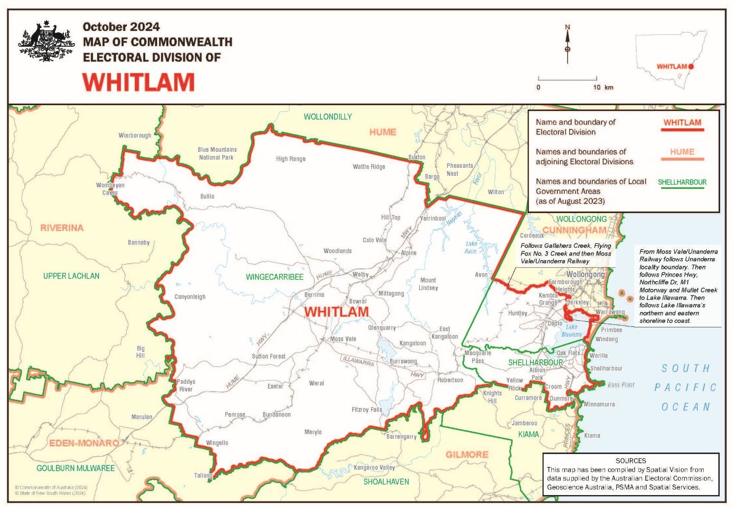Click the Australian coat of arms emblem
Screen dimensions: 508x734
[x=47, y=42]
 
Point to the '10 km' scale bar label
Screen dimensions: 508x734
[x=603, y=87]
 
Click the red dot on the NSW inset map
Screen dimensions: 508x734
[x=691, y=67]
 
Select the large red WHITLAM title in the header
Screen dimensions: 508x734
[x=139, y=82]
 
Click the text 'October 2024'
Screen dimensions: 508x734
[x=121, y=27]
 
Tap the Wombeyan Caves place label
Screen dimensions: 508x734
[x=110, y=189]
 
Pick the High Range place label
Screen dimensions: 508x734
[x=291, y=159]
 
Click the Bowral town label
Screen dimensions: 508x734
[x=358, y=301]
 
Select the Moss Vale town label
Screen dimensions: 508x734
[x=343, y=339]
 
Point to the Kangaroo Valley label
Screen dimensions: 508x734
[x=374, y=467]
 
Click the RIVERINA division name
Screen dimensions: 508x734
[x=62, y=228]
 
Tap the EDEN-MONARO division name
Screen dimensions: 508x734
[x=84, y=443]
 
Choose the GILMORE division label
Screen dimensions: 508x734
[x=467, y=455]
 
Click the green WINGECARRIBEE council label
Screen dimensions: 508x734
[x=275, y=277]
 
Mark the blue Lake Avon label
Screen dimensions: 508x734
[x=471, y=247]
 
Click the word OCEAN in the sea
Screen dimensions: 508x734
[x=686, y=407]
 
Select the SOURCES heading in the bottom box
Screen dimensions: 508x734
[x=631, y=461]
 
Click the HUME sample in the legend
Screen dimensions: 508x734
[x=682, y=152]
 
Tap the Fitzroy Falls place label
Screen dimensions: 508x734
[x=366, y=409]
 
